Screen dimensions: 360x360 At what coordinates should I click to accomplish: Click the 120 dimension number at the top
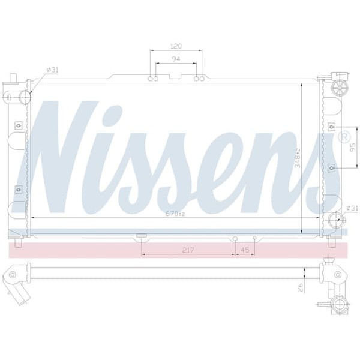coord(176,46)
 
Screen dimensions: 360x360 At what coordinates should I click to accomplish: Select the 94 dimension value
coord(176,59)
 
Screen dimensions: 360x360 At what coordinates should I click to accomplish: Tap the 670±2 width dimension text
coord(177,212)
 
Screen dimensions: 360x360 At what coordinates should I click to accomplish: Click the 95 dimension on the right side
coord(353,148)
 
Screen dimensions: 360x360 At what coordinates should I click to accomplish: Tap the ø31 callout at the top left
coord(53,70)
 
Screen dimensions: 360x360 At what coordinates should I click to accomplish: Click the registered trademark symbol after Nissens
coord(344,138)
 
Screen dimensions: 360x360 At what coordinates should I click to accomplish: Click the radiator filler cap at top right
coord(340,88)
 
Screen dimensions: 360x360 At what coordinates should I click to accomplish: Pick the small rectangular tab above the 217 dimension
coord(142,235)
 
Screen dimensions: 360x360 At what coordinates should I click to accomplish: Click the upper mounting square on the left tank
coord(18,125)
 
